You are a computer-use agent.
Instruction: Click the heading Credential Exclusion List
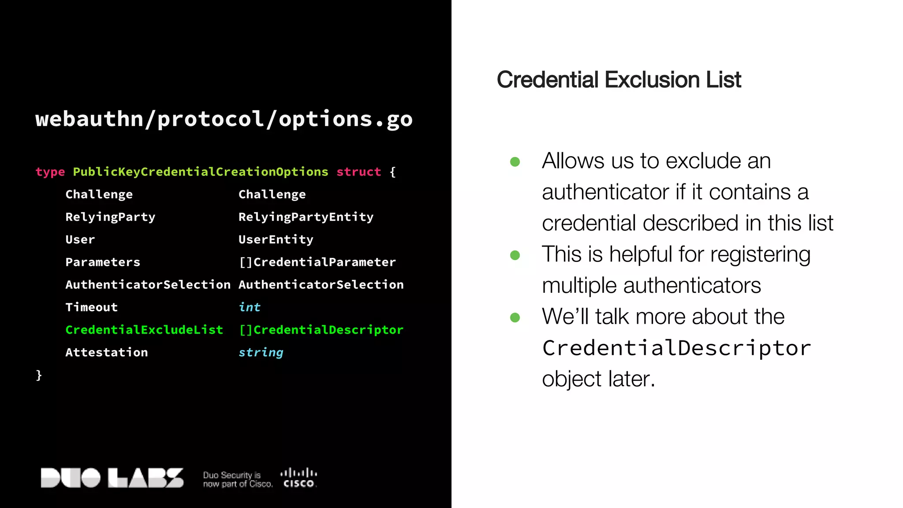point(619,80)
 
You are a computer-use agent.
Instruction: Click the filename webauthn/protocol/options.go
point(224,119)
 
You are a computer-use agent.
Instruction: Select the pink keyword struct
point(358,172)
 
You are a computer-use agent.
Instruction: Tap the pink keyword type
point(50,172)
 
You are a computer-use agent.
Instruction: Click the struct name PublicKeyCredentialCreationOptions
point(201,172)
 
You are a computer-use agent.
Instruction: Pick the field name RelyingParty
point(110,217)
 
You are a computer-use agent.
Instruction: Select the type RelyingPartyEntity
point(306,217)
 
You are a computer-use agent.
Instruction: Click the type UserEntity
point(276,239)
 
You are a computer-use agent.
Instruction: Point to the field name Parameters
point(103,262)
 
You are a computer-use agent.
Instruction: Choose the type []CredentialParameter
point(317,262)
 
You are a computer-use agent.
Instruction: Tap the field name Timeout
point(92,307)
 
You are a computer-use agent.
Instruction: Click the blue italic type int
point(250,307)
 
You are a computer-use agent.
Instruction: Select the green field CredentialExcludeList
point(144,330)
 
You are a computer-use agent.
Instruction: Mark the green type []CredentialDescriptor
point(321,330)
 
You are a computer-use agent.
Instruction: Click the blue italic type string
point(261,352)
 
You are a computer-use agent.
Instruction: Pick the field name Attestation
point(107,352)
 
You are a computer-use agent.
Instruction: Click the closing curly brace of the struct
point(39,375)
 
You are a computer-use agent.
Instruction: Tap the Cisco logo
point(299,478)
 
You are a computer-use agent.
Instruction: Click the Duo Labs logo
point(112,478)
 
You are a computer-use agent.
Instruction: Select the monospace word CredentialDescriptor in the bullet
point(676,348)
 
